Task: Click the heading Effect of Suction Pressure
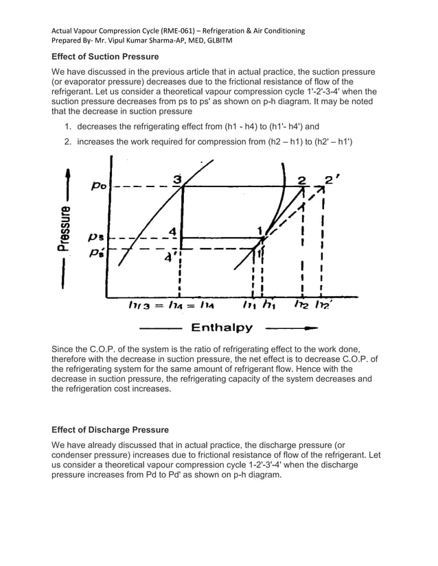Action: pos(105,56)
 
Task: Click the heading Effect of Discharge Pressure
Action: pos(110,430)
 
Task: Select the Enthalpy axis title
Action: pos(222,328)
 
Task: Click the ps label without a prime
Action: pos(97,237)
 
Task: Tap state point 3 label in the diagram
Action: pos(177,180)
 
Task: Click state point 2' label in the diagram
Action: pos(333,180)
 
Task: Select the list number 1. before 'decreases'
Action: pos(69,127)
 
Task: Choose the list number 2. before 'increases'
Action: pos(69,141)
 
